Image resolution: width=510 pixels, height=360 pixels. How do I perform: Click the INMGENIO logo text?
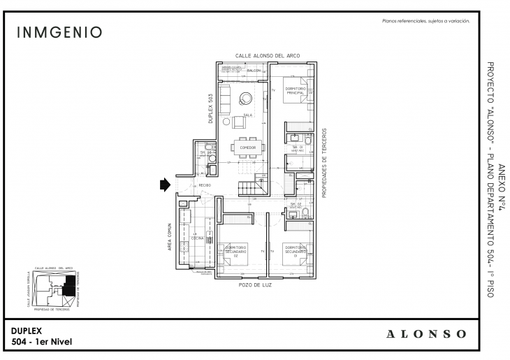click(x=59, y=32)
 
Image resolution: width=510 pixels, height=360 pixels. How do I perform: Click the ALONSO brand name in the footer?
click(x=426, y=333)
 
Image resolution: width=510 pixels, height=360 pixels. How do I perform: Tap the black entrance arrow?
click(x=165, y=185)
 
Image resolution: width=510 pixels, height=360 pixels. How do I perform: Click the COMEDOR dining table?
click(x=247, y=148)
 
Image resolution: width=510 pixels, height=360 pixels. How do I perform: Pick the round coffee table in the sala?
click(x=246, y=98)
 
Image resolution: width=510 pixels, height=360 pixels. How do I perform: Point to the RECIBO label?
click(x=205, y=185)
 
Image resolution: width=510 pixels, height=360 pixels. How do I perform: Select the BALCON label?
click(x=253, y=71)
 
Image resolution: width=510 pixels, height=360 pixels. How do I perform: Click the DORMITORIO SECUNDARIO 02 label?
click(x=235, y=251)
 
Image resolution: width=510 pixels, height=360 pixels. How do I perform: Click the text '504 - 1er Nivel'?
click(x=42, y=341)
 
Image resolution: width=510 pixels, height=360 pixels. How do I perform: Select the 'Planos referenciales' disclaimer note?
click(x=425, y=22)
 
